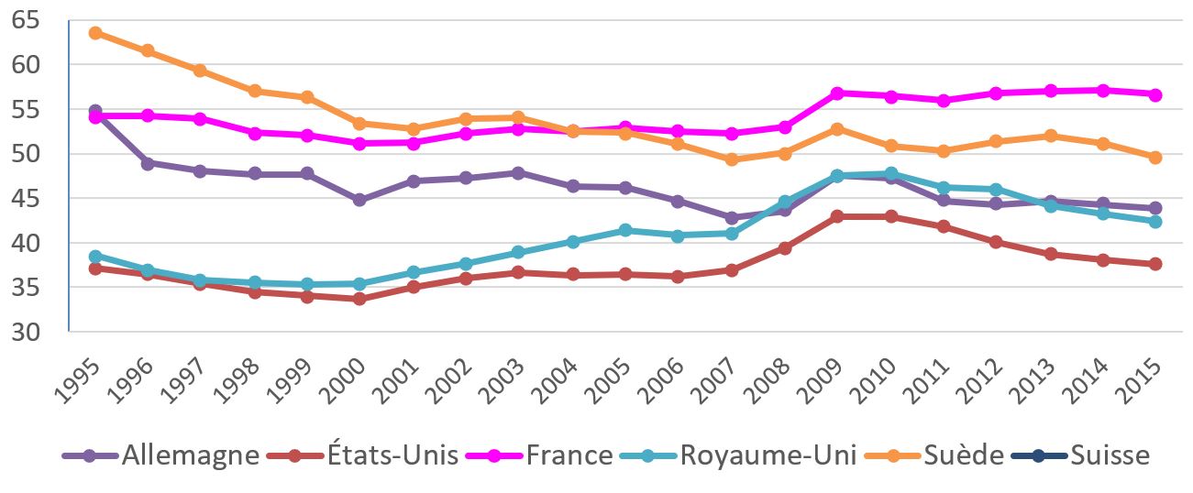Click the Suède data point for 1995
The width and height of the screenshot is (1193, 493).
[94, 33]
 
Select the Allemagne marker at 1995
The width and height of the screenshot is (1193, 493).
[94, 111]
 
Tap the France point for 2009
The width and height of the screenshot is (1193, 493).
[837, 93]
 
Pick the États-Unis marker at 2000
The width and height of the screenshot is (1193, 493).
[359, 299]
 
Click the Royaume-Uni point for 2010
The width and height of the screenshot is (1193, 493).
[889, 173]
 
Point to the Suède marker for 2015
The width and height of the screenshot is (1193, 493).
[1155, 158]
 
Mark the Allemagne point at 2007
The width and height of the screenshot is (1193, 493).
[731, 218]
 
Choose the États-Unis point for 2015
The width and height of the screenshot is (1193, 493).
[1155, 264]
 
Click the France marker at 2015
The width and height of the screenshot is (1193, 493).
[1155, 94]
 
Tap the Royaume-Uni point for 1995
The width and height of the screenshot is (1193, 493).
[94, 257]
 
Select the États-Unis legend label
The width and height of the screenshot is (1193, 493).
[392, 455]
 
